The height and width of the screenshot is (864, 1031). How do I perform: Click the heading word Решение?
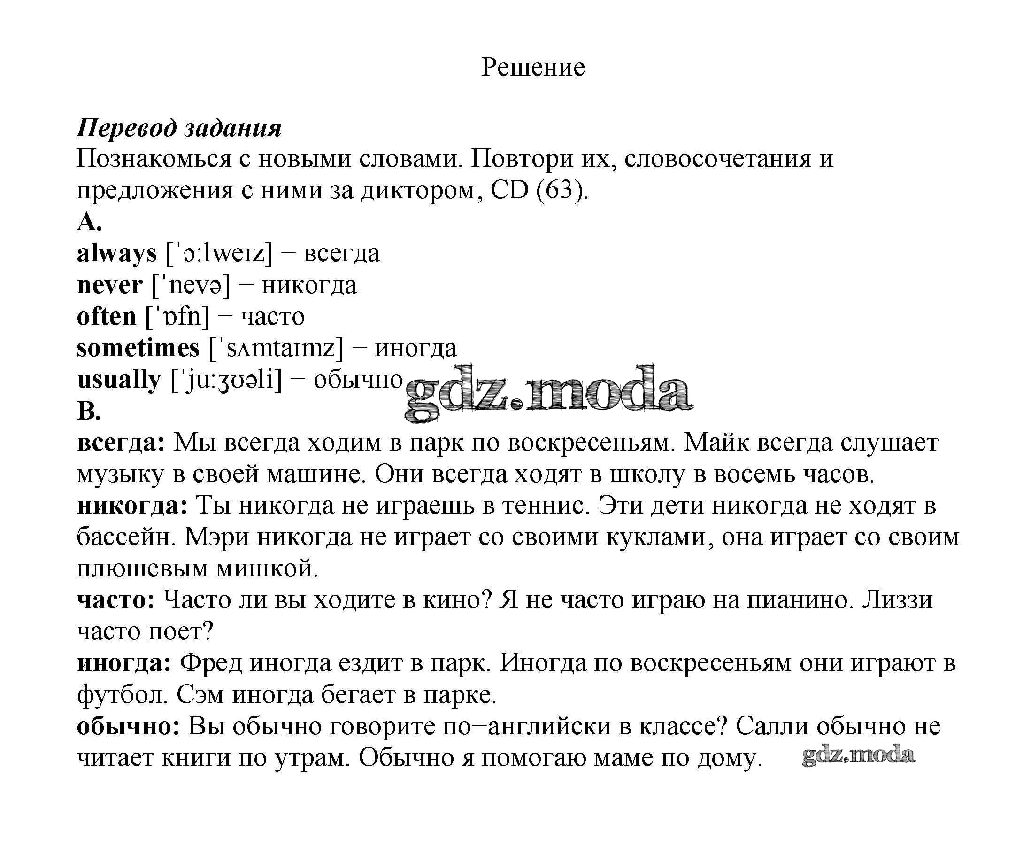tap(533, 67)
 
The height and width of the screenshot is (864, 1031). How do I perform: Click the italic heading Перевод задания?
tap(179, 128)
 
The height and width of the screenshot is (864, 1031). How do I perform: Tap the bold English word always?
tap(117, 254)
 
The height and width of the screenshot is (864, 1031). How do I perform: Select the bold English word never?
tap(109, 285)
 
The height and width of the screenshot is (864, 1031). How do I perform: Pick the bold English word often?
tap(107, 317)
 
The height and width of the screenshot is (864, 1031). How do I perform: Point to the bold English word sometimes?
tap(138, 348)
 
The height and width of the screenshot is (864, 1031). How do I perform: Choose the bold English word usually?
tap(119, 380)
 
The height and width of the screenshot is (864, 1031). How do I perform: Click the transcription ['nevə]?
tap(191, 285)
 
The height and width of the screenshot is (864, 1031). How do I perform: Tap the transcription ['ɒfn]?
tap(177, 317)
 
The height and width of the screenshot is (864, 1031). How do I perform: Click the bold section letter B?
tap(89, 411)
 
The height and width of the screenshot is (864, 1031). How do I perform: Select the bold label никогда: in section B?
tap(132, 506)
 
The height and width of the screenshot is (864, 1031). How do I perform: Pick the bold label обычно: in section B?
tap(129, 726)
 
